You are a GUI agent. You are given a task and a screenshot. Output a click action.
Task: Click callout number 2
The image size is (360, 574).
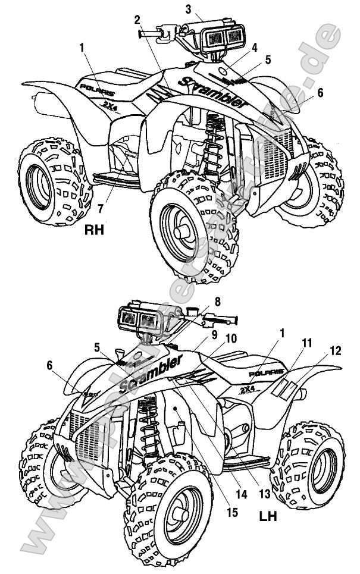tap(137, 20)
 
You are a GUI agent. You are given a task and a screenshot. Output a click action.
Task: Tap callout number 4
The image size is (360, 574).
tap(254, 46)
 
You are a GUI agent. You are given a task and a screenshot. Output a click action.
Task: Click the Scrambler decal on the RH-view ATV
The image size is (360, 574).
tap(212, 92)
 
